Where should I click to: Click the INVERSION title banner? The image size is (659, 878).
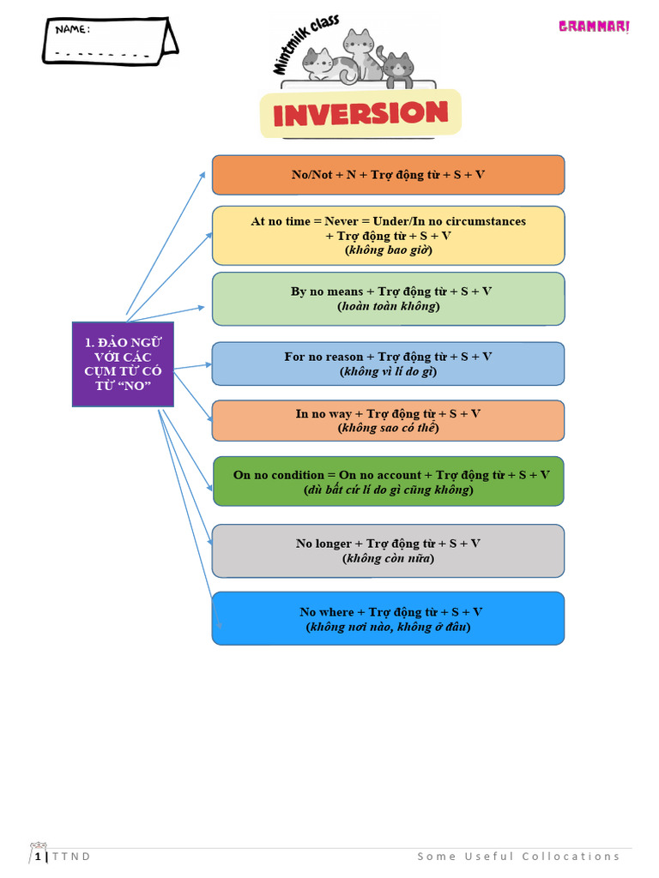pos(360,113)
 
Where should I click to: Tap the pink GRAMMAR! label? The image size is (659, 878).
pos(594,27)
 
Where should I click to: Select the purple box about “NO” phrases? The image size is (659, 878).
pos(123,364)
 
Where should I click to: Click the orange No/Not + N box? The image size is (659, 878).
pos(388,175)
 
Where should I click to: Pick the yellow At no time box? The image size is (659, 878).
pos(388,235)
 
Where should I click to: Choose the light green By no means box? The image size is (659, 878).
pos(388,298)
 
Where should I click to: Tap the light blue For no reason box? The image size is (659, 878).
pos(388,364)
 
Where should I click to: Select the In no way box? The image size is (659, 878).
pos(388,420)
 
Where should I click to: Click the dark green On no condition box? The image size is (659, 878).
pos(388,481)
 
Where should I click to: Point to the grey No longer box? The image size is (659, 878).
pos(388,550)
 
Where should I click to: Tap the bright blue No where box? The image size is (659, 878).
pos(388,618)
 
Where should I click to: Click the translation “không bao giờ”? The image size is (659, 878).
pos(388,250)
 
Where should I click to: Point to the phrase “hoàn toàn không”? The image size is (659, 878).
pos(388,306)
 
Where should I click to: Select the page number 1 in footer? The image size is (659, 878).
pos(38,857)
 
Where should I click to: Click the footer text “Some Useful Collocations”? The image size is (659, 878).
pos(518,856)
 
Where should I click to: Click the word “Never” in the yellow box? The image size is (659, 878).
pos(342,221)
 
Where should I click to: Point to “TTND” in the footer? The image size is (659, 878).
pos(71,857)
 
